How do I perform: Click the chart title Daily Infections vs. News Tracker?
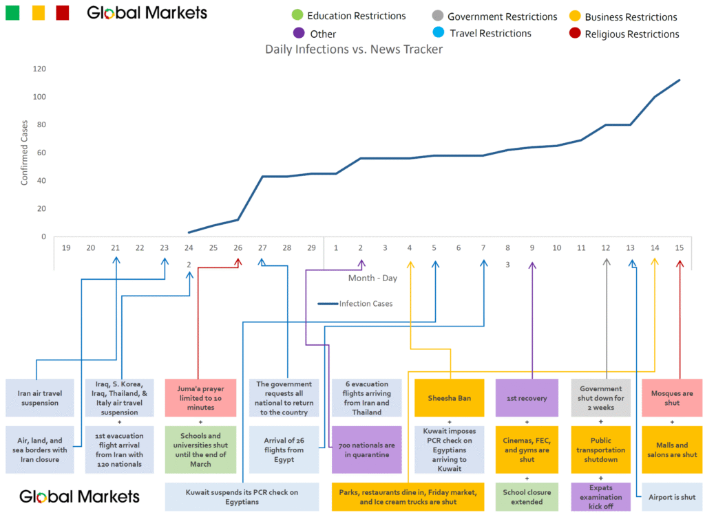[354, 49]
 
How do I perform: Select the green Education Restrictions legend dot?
[297, 16]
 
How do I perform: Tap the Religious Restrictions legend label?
[631, 34]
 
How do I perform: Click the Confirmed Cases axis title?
[25, 153]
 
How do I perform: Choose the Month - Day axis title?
[372, 278]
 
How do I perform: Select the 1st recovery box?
[527, 397]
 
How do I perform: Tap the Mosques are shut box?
[671, 397]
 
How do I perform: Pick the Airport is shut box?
[671, 497]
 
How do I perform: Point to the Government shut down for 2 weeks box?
[600, 397]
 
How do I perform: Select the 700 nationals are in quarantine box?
[366, 450]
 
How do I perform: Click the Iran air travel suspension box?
[40, 397]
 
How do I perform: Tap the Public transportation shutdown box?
[600, 450]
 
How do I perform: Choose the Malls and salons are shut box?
[671, 450]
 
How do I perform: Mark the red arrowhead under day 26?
[238, 262]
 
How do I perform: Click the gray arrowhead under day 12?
[607, 262]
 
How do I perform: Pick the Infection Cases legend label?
[366, 303]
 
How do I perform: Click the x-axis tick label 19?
[66, 247]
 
